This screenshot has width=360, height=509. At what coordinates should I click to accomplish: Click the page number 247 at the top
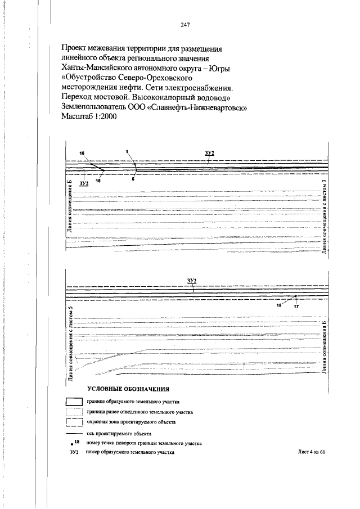[187, 25]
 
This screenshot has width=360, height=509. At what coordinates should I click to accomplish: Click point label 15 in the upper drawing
[82, 154]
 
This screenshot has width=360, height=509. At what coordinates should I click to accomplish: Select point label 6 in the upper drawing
[133, 179]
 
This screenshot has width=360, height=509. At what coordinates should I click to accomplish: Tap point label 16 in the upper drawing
[98, 181]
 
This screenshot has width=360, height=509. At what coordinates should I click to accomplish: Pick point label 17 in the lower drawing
[296, 307]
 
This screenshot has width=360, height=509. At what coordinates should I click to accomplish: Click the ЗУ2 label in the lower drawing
[192, 280]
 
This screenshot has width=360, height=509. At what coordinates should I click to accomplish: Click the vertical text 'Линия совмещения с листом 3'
[324, 218]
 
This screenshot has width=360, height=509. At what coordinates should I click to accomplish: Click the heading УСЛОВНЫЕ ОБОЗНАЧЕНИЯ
[128, 389]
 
